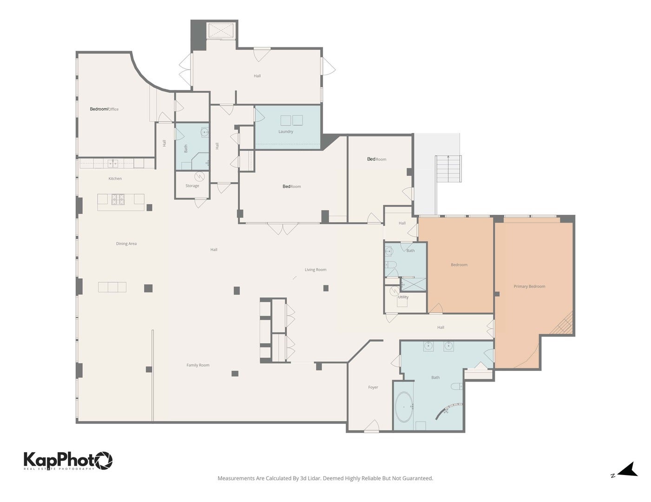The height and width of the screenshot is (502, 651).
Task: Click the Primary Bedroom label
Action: (529, 286)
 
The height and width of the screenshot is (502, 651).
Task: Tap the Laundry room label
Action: (286, 132)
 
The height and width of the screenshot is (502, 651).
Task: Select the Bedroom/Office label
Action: (104, 109)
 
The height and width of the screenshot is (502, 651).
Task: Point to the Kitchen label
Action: (115, 178)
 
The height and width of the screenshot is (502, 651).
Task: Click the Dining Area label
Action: (126, 244)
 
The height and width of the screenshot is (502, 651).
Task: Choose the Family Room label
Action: (198, 365)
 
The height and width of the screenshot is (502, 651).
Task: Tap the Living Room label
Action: (316, 270)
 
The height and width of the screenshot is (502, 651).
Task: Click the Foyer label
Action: (373, 387)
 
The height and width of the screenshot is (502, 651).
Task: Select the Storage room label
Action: (192, 186)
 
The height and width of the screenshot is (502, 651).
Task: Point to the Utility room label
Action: (403, 297)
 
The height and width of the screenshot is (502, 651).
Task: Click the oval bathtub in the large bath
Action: (404, 407)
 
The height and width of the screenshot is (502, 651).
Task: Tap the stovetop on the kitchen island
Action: (118, 199)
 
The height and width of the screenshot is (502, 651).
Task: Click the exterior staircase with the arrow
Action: (448, 169)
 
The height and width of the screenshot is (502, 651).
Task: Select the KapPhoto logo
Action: (68, 461)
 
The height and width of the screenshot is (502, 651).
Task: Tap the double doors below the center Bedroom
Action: (283, 228)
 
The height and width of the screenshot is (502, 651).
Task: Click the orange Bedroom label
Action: (459, 265)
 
